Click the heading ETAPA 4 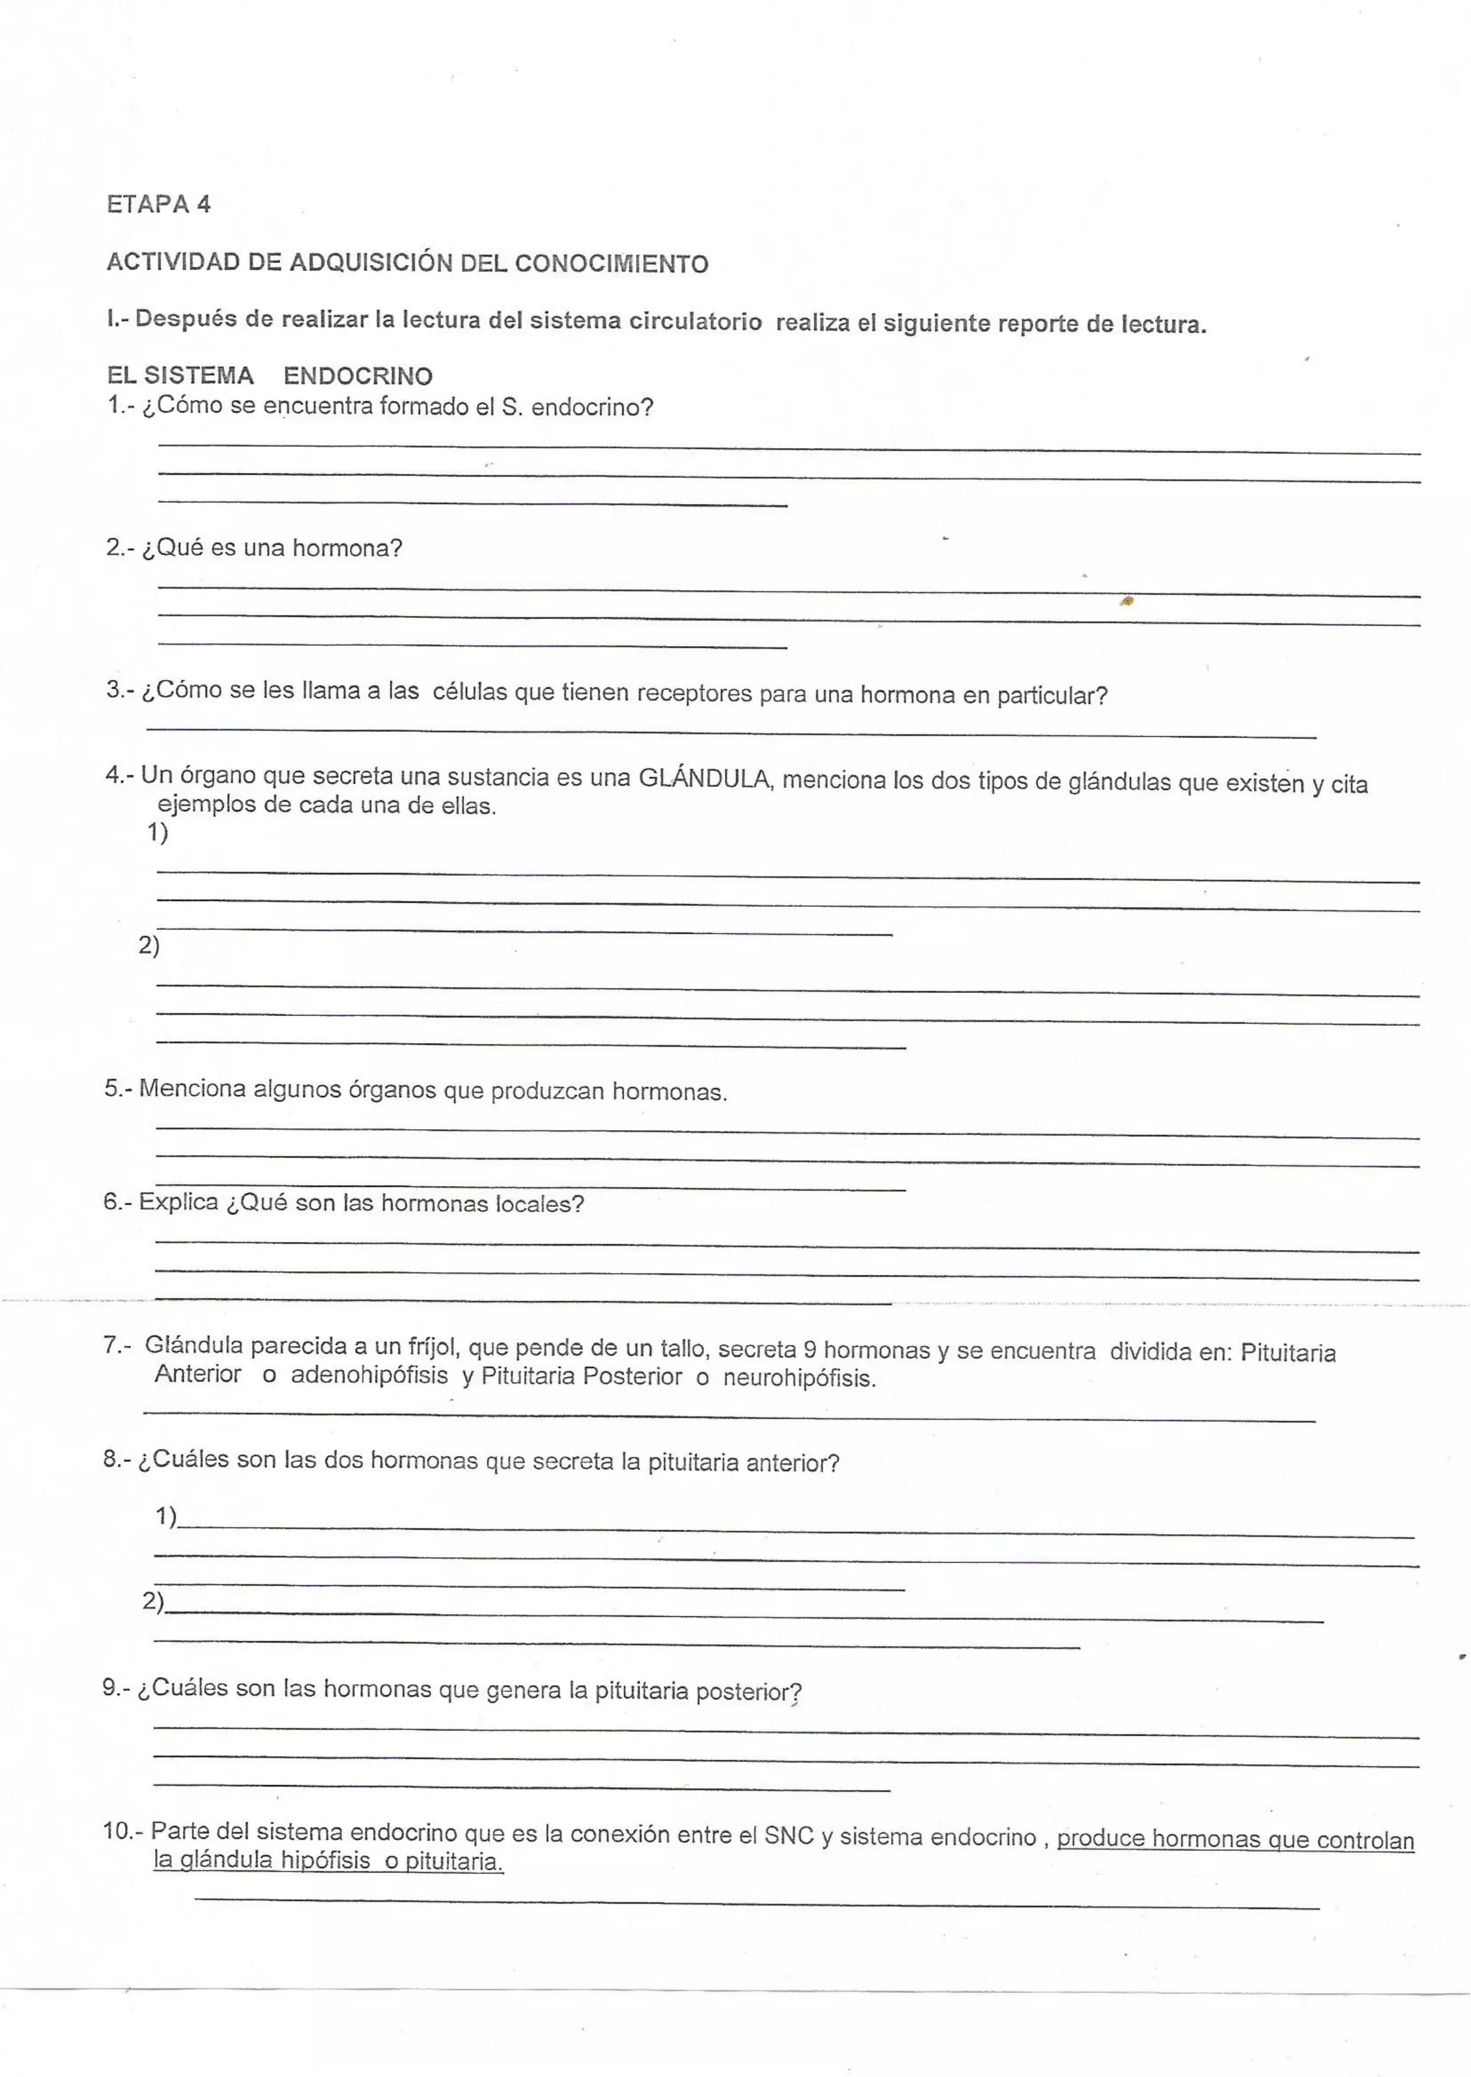click(159, 204)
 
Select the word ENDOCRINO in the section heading click(358, 375)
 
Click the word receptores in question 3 click(694, 694)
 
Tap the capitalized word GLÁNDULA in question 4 click(705, 779)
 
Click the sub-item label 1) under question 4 click(157, 832)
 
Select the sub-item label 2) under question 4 click(149, 946)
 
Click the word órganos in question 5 click(392, 1089)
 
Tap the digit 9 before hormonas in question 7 click(809, 1350)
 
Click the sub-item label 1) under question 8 click(166, 1516)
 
